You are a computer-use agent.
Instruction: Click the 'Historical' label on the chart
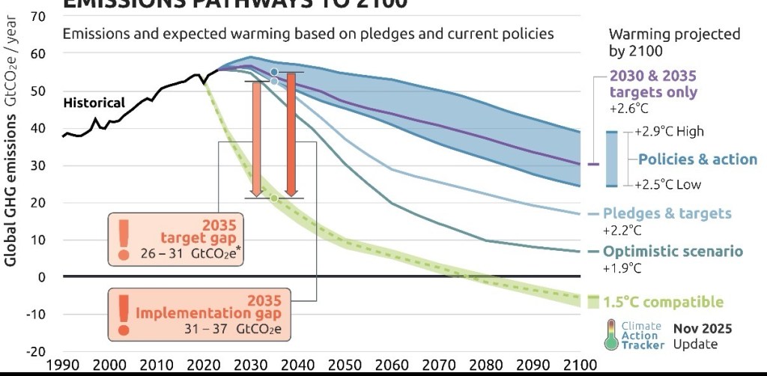[94, 103]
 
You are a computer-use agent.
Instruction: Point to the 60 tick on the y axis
[37, 54]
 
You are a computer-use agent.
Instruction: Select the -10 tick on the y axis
[35, 314]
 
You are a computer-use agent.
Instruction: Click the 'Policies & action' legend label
[697, 160]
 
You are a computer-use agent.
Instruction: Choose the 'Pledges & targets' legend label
[667, 213]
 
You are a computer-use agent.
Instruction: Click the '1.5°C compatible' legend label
[663, 303]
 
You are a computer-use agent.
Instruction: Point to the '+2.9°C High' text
[669, 132]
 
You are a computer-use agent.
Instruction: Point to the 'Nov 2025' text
[702, 328]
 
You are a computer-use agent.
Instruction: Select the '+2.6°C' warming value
[627, 109]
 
